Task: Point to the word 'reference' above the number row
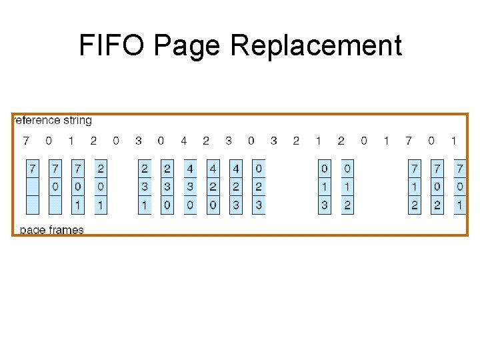[x=36, y=120]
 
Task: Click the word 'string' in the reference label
[x=77, y=121]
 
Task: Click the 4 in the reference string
[x=183, y=141]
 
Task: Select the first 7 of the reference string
[x=26, y=141]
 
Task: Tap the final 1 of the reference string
[x=453, y=141]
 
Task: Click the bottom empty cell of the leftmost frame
[x=33, y=205]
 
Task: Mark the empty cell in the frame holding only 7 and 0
[x=55, y=205]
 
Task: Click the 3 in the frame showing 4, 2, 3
[x=235, y=205]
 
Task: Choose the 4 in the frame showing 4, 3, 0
[x=190, y=168]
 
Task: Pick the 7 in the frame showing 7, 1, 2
[x=415, y=168]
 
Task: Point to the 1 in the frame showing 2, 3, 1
[x=145, y=205]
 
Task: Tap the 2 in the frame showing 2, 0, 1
[x=101, y=168]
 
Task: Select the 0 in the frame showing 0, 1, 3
[x=324, y=168]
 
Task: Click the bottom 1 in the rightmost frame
[x=459, y=205]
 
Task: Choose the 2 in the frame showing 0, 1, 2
[x=347, y=205]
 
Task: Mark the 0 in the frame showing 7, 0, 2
[x=437, y=187]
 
